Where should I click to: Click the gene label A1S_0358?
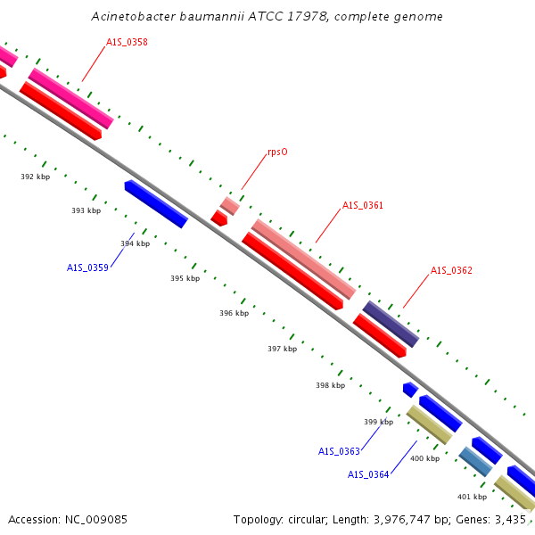pyautogui.click(x=127, y=42)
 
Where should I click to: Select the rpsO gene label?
pyautogui.click(x=277, y=152)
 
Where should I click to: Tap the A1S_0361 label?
pyautogui.click(x=363, y=205)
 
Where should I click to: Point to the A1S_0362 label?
pyautogui.click(x=451, y=270)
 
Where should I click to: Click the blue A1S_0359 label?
pyautogui.click(x=87, y=267)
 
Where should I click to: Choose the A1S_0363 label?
pyautogui.click(x=339, y=452)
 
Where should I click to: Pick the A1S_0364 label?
pyautogui.click(x=368, y=475)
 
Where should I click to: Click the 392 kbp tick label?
pyautogui.click(x=36, y=177)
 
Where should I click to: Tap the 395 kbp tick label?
pyautogui.click(x=185, y=278)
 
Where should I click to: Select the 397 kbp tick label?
pyautogui.click(x=282, y=349)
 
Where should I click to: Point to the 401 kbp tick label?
pyautogui.click(x=473, y=497)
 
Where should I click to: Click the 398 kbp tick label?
pyautogui.click(x=330, y=385)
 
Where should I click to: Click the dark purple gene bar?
pyautogui.click(x=391, y=325)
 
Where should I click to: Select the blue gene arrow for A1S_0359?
pyautogui.click(x=156, y=203)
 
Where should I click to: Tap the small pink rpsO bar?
pyautogui.click(x=230, y=206)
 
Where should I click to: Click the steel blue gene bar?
pyautogui.click(x=475, y=462)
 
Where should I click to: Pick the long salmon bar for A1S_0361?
pyautogui.click(x=304, y=259)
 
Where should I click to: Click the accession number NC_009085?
pyautogui.click(x=96, y=520)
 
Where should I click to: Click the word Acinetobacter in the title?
pyautogui.click(x=134, y=16)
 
